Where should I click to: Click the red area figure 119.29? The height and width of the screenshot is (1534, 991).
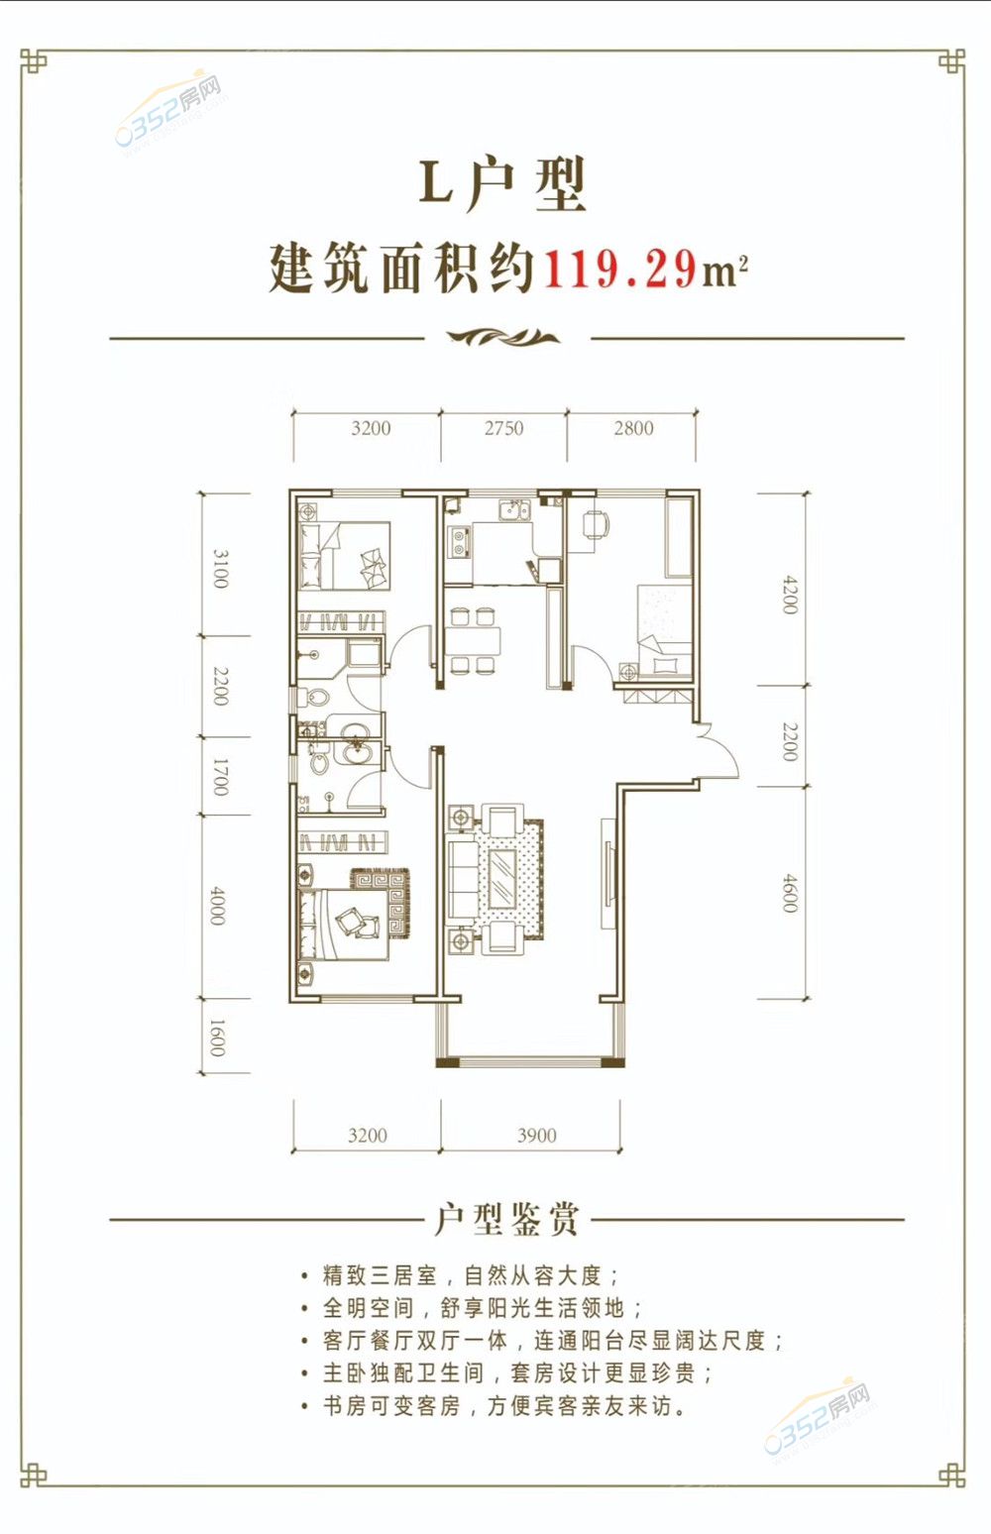tap(620, 270)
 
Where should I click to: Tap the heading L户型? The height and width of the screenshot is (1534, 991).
tap(502, 183)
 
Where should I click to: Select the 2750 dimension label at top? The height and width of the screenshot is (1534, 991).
tap(503, 428)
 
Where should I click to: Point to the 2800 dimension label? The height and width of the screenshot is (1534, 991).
tap(633, 428)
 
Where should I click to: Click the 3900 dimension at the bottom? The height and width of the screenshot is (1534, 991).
tap(536, 1136)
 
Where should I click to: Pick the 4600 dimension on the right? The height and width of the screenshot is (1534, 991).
tap(790, 893)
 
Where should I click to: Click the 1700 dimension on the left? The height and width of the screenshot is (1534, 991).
tap(220, 777)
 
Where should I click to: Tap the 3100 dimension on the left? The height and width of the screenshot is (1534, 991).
tap(220, 569)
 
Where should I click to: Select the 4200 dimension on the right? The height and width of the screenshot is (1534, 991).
tap(790, 595)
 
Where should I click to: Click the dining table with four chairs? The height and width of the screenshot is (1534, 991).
tap(473, 640)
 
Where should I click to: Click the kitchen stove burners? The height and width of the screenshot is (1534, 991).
tap(458, 541)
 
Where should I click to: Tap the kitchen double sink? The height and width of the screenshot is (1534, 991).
tap(514, 510)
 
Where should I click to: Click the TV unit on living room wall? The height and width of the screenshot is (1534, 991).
tap(608, 874)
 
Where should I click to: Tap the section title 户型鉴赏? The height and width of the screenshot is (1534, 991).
tap(506, 1219)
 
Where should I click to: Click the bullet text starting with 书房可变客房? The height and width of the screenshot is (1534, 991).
tap(504, 1406)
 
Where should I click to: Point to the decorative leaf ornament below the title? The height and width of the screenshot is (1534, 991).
tap(502, 336)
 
